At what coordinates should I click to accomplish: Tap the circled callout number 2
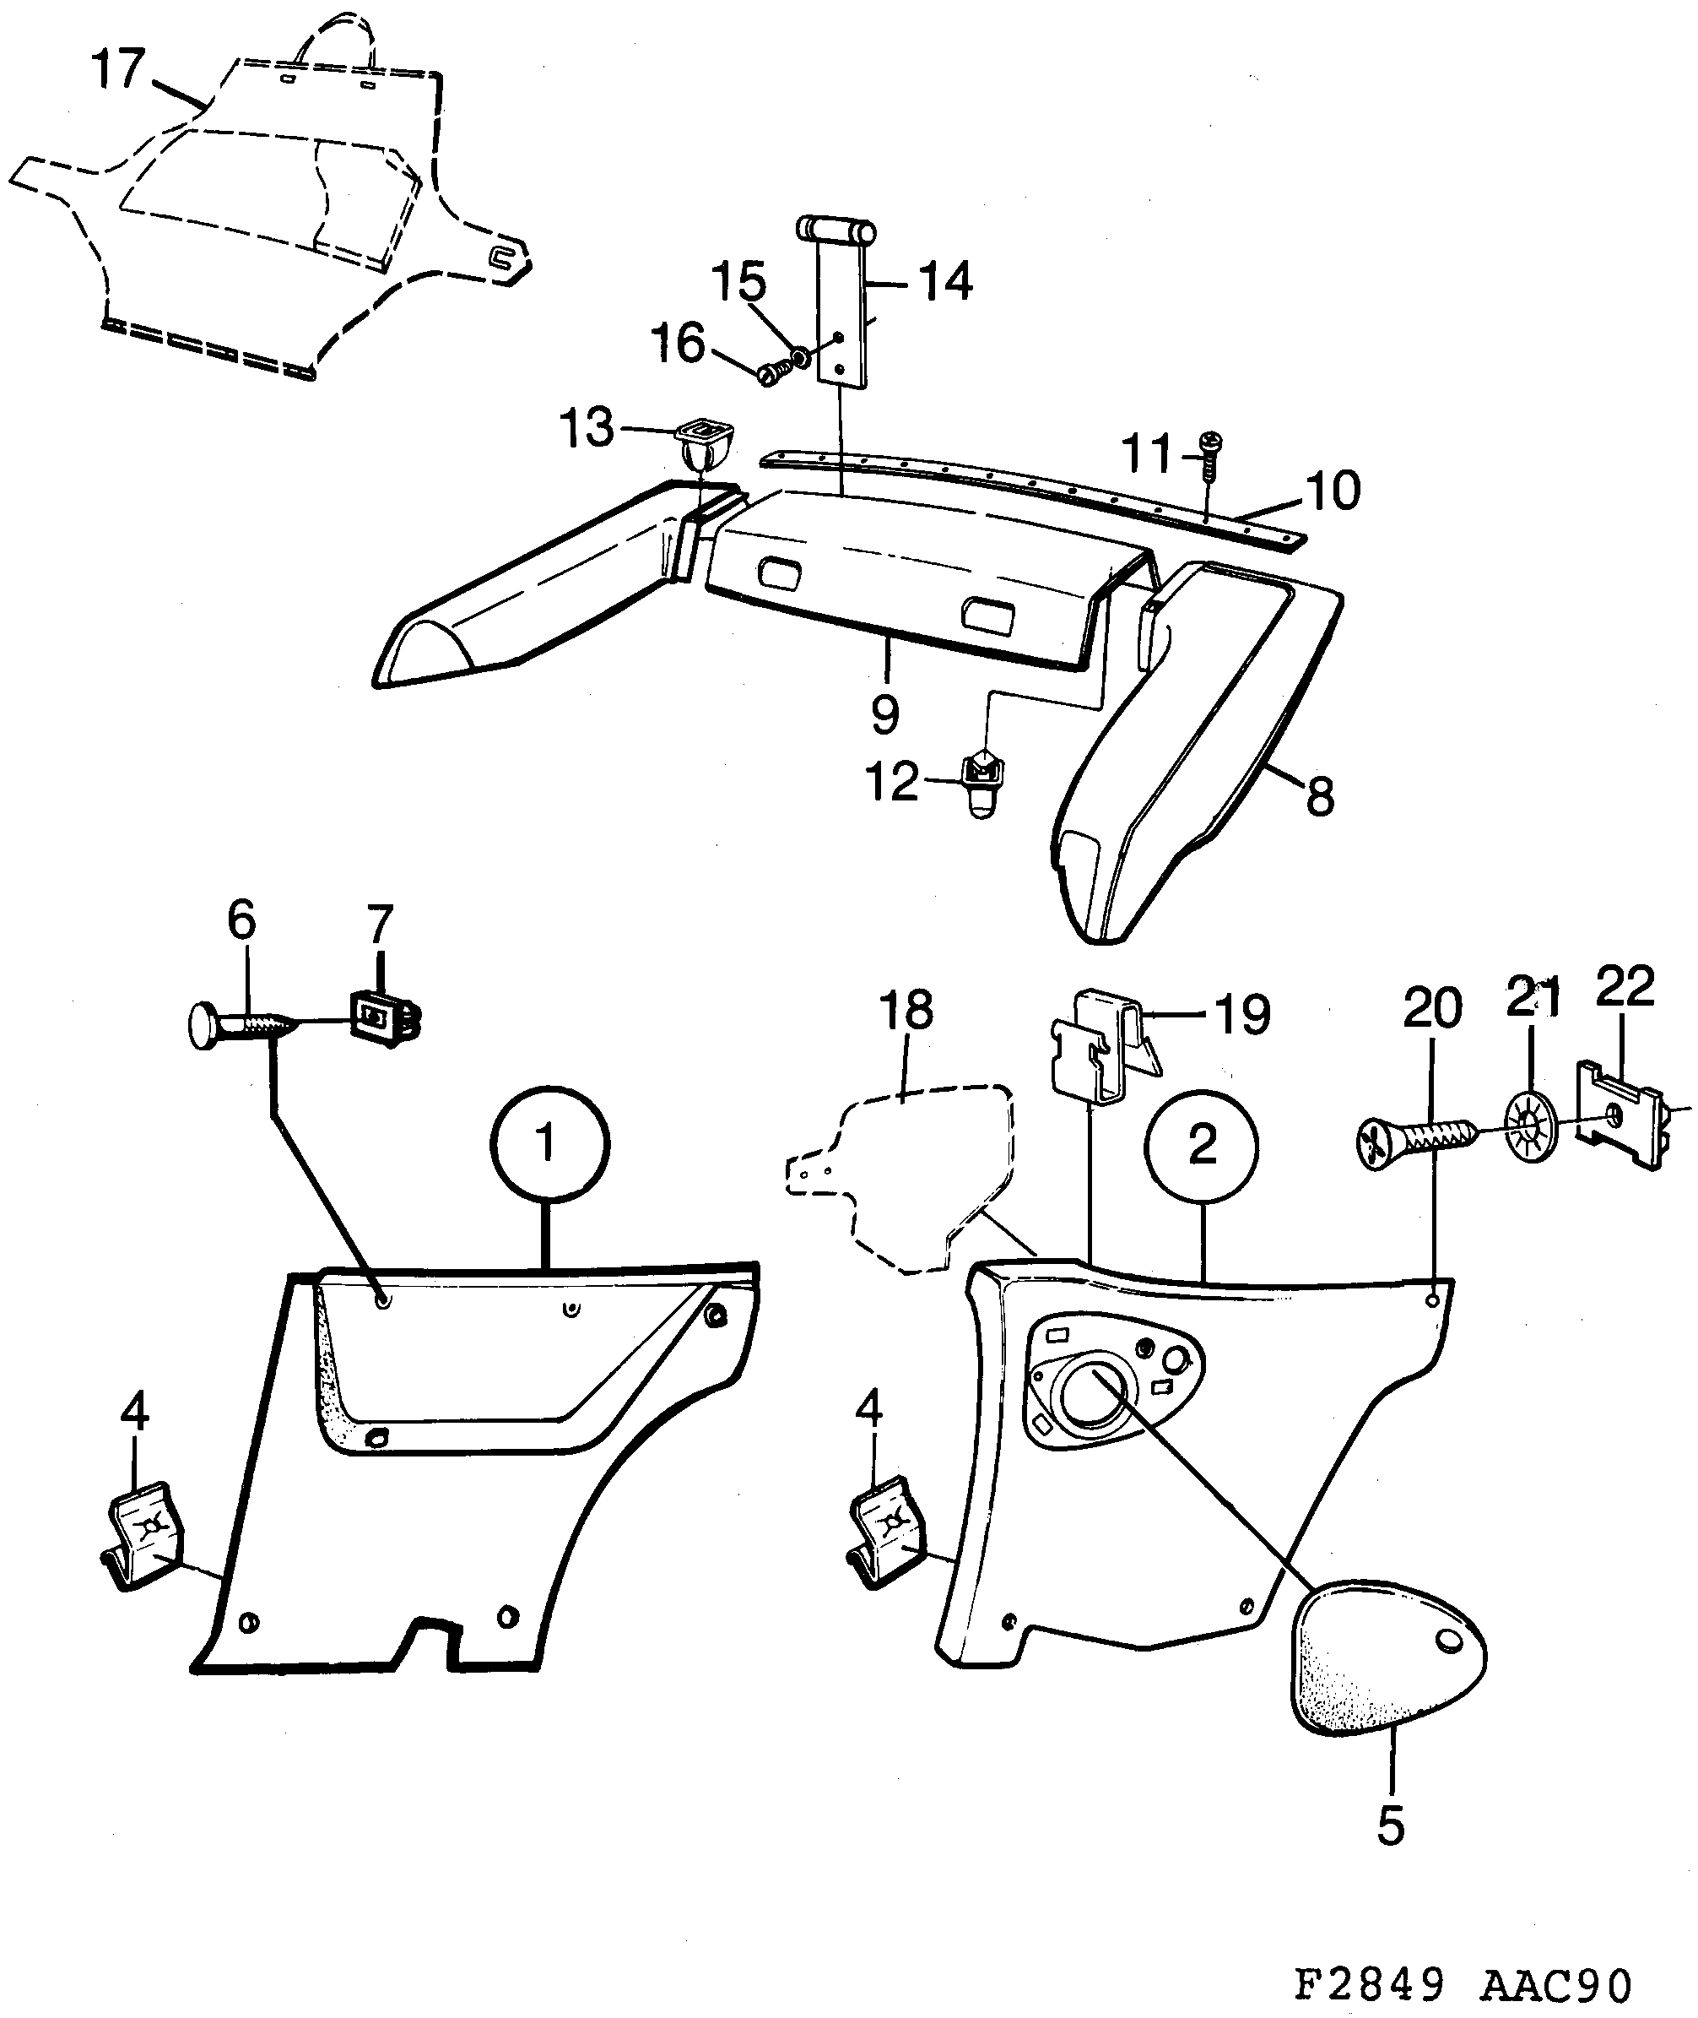click(1200, 1145)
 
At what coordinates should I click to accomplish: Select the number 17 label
click(117, 70)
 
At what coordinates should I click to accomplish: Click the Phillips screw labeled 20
click(1415, 1146)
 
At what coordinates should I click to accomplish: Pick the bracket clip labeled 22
click(1622, 1115)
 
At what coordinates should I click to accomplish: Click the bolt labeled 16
click(772, 373)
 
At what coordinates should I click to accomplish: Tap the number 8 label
click(1319, 797)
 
